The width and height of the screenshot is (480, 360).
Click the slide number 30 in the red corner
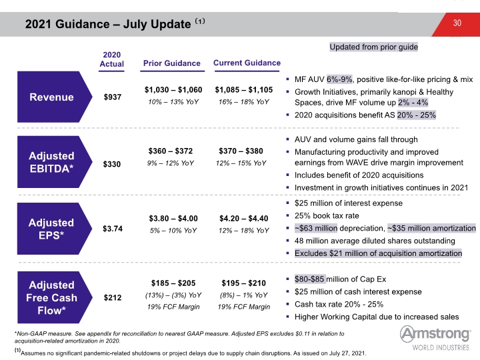point(457,23)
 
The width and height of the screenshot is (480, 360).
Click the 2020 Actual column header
point(112,59)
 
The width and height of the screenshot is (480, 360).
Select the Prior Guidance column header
point(172,63)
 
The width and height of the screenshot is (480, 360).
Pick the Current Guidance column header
point(247,63)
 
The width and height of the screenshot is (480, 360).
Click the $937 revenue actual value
point(113,97)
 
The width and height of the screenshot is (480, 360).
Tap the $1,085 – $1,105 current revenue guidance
point(244,90)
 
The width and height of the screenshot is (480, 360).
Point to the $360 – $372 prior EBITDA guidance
point(171,151)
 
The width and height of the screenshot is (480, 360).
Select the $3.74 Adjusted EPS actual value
point(113,229)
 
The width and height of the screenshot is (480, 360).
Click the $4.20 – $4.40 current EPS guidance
point(244,218)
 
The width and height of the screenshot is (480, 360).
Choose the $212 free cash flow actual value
point(113,297)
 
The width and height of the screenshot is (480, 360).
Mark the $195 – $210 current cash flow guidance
point(244,283)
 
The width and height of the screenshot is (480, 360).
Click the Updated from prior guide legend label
point(374,47)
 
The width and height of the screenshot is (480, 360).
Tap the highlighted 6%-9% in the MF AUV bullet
point(339,79)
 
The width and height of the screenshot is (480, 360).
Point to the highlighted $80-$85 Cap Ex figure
point(309,279)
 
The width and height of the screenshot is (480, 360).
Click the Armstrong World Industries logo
point(435,338)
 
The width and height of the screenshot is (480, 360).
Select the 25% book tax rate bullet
point(327,215)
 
